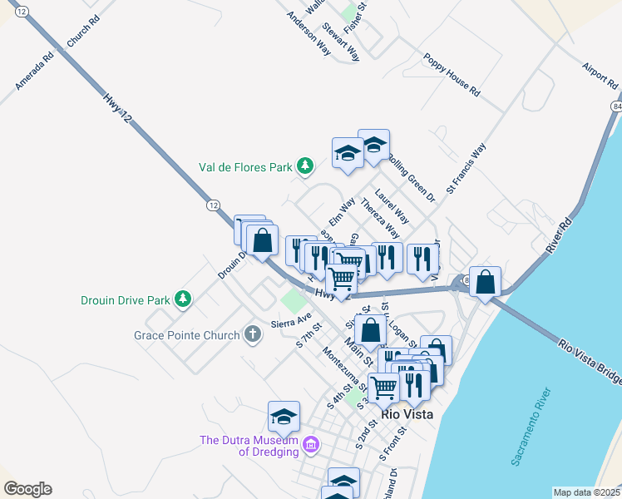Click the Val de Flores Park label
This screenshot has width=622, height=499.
tap(244, 166)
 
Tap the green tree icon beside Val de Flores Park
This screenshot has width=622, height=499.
tap(305, 166)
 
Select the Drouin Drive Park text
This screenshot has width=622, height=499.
tap(126, 299)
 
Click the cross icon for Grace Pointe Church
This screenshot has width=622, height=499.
tap(252, 335)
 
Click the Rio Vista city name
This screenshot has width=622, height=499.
tap(408, 414)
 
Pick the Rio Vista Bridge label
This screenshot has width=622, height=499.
tap(591, 362)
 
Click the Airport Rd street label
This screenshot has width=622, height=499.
tap(600, 76)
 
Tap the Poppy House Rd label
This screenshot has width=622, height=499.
tap(452, 76)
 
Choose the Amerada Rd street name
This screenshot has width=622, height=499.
tap(34, 72)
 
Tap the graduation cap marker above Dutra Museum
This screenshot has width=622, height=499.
tap(284, 416)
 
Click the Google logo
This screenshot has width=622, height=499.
tap(27, 489)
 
